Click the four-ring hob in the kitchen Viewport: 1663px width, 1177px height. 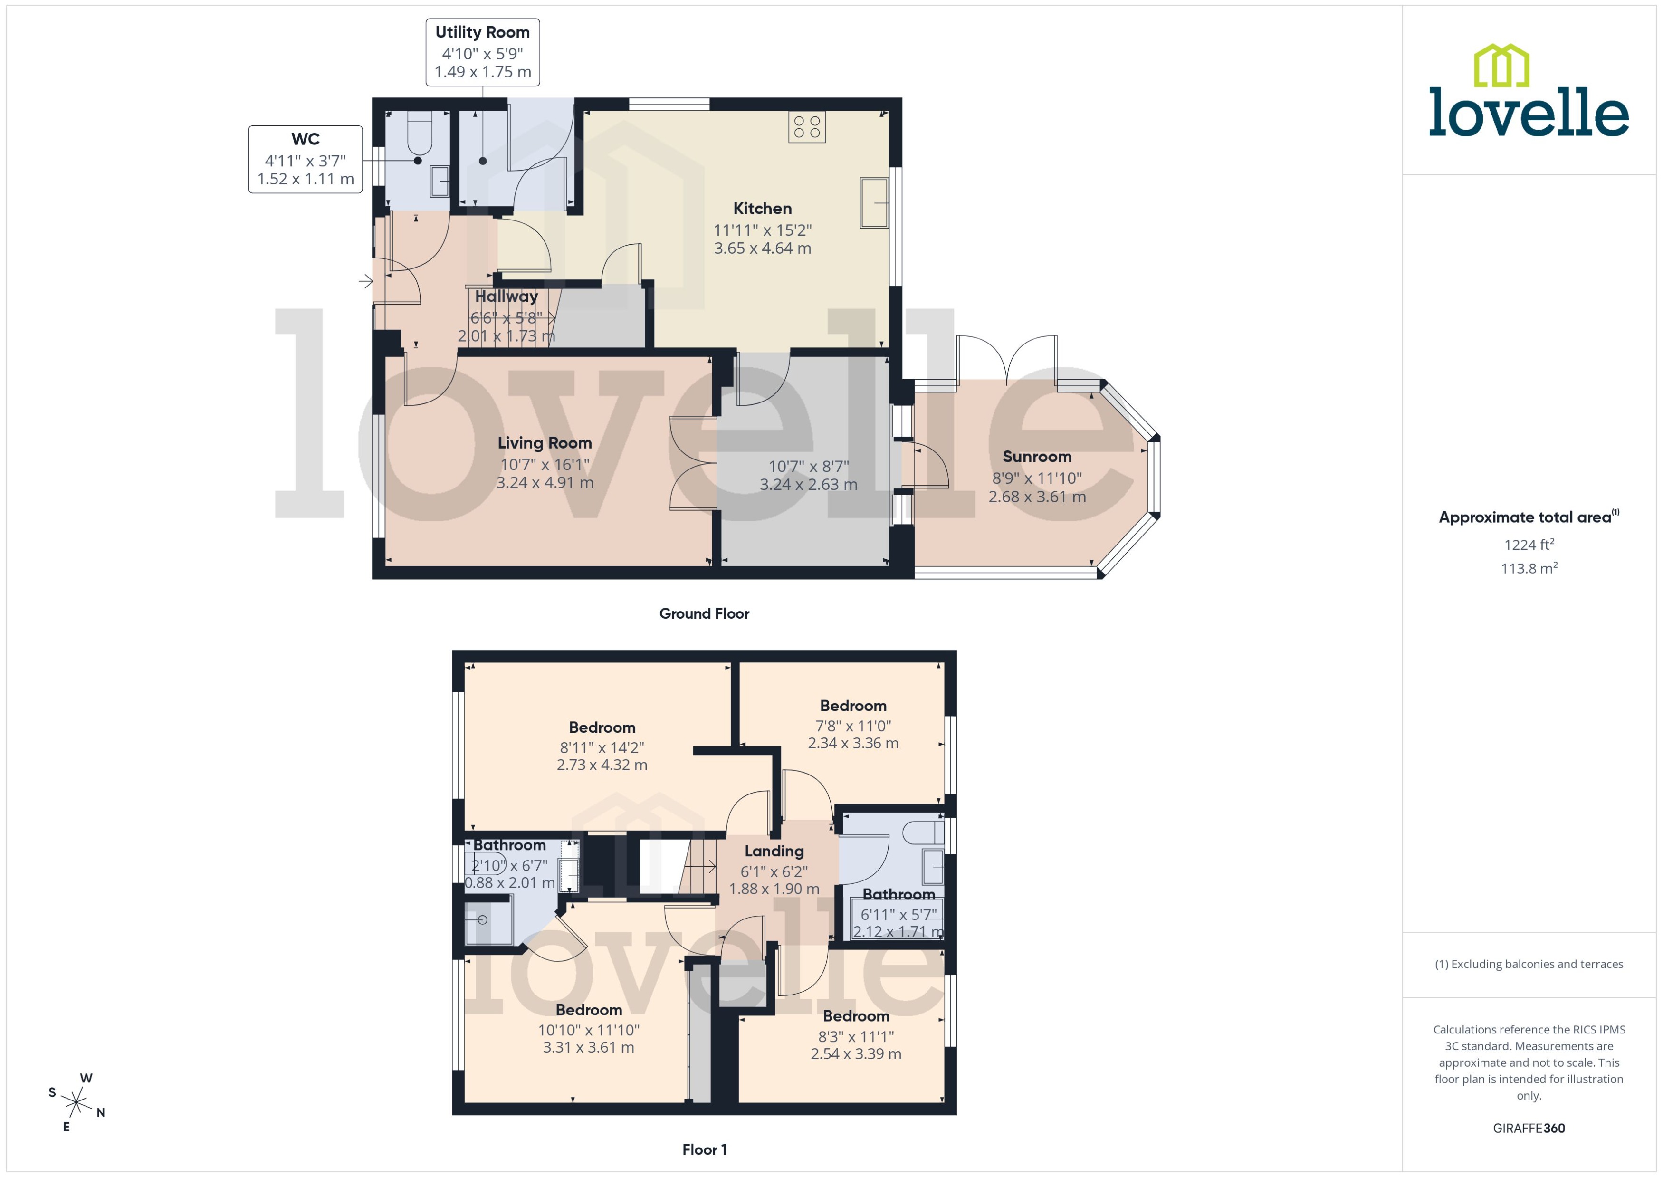806,127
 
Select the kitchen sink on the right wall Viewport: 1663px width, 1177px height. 874,203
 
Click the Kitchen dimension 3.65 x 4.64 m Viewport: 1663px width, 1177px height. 762,249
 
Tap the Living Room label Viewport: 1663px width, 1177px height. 544,443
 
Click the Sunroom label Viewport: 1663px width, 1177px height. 1036,457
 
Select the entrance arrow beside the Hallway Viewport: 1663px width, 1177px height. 366,280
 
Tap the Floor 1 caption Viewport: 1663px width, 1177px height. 704,1149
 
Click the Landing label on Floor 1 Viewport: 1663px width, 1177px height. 774,851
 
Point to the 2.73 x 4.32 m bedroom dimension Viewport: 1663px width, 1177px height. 602,765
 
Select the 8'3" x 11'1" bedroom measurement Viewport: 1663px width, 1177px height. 856,1036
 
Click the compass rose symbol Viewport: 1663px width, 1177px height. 76,1103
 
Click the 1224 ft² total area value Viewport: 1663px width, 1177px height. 1529,544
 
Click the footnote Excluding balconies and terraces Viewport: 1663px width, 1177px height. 1529,964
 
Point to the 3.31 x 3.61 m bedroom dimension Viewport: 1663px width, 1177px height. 588,1047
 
